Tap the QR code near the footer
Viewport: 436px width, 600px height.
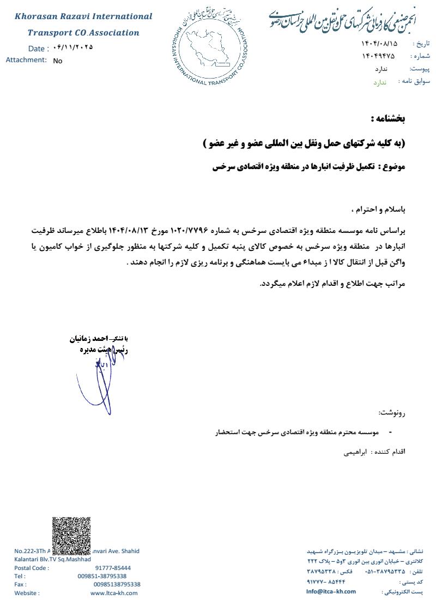tap(71, 536)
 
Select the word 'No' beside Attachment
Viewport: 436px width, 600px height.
tap(58, 61)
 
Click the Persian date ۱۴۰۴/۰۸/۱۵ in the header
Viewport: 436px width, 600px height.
tap(379, 43)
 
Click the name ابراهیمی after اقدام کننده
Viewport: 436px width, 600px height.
tap(355, 452)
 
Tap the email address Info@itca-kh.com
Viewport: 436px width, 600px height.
tap(331, 591)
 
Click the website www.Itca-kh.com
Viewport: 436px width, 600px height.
tap(114, 593)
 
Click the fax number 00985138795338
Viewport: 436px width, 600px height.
tap(117, 584)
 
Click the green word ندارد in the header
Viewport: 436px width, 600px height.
tap(379, 82)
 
